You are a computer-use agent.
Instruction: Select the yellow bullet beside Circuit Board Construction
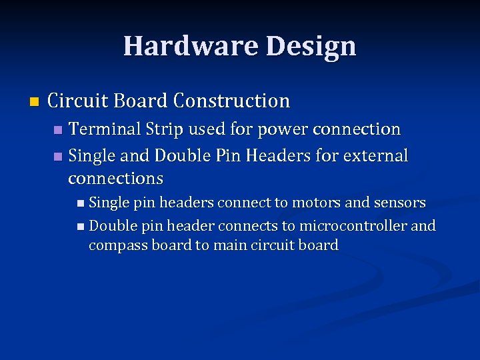point(35,102)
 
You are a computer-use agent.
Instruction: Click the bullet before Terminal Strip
point(57,129)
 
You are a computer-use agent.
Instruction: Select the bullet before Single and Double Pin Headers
point(57,157)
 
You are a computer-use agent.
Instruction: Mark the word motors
point(319,202)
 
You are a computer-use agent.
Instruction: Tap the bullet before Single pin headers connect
point(80,203)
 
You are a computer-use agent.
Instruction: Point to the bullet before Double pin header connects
point(80,227)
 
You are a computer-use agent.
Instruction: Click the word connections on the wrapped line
point(115,178)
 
